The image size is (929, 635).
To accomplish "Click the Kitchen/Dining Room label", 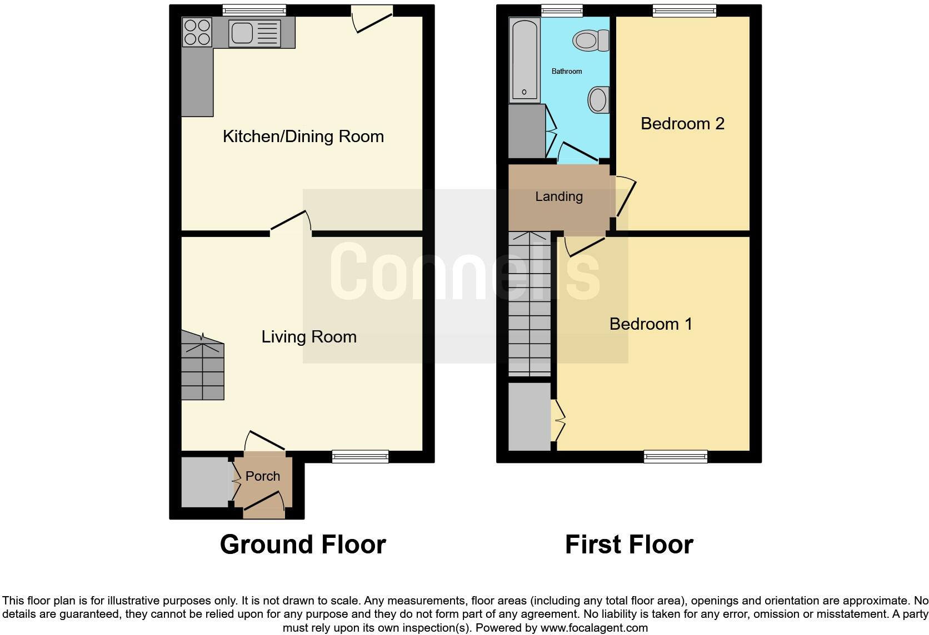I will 303,137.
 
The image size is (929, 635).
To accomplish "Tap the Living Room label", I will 309,337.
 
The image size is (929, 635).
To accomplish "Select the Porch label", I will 263,476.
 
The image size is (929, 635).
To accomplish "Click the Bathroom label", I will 566,71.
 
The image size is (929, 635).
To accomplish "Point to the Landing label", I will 558,196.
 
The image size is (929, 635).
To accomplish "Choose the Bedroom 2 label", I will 682,123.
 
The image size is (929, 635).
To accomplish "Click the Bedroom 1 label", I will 651,324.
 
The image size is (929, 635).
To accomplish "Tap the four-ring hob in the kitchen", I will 197,32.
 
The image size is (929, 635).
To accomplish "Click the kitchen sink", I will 242,33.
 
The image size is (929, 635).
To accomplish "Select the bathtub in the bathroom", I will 525,60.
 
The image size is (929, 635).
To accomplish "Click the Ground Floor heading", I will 303,545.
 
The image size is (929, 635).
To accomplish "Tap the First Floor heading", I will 629,545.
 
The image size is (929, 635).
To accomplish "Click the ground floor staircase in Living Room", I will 202,367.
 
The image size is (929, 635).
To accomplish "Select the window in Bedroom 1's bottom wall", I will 675,457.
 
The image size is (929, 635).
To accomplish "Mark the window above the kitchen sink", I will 254,10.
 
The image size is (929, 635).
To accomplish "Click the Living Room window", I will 360,457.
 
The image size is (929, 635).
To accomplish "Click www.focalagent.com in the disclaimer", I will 594,628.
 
